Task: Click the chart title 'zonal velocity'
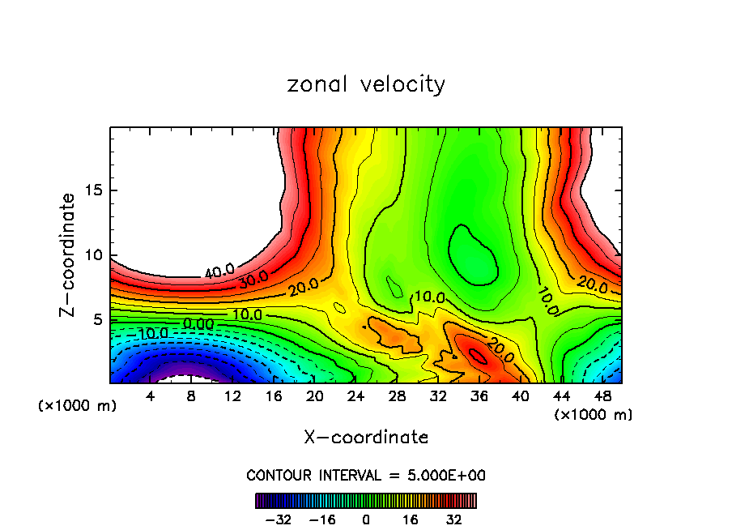[x=366, y=84]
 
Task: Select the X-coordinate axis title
[x=366, y=438]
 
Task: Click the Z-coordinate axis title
[x=69, y=254]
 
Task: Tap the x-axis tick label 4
[x=151, y=396]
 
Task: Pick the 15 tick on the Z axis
[x=94, y=190]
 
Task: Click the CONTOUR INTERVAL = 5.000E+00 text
[x=366, y=475]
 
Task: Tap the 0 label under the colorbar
[x=366, y=519]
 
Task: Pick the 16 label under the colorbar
[x=411, y=519]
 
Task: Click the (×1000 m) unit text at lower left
[x=78, y=405]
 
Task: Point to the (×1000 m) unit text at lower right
[x=594, y=415]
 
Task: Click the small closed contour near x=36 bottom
[x=478, y=354]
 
